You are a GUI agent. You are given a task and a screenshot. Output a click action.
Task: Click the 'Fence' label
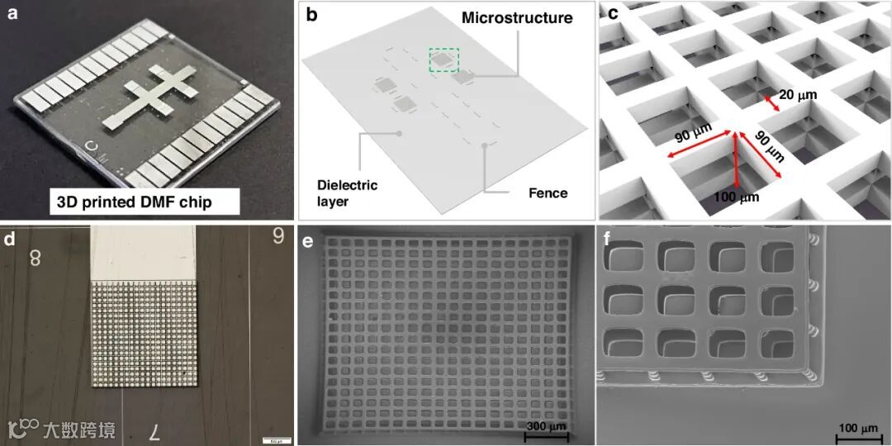[548, 193]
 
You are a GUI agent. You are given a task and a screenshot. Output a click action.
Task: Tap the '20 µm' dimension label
[797, 95]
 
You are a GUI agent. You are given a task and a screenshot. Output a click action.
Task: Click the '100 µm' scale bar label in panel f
[858, 428]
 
